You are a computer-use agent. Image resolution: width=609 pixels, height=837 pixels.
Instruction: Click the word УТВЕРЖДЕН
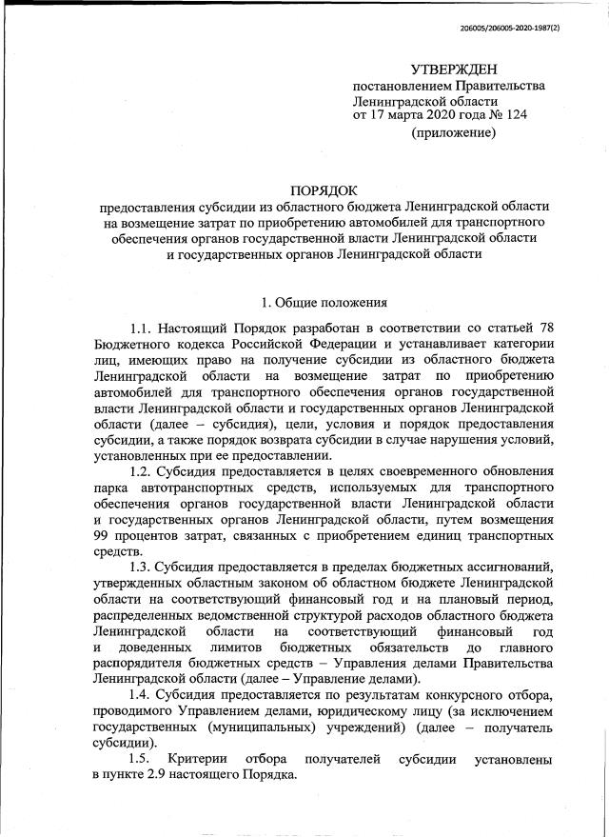tap(453, 70)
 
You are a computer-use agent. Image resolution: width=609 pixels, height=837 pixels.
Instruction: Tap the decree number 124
tap(515, 115)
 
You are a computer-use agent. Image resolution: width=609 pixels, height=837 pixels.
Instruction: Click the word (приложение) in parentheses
tap(453, 133)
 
